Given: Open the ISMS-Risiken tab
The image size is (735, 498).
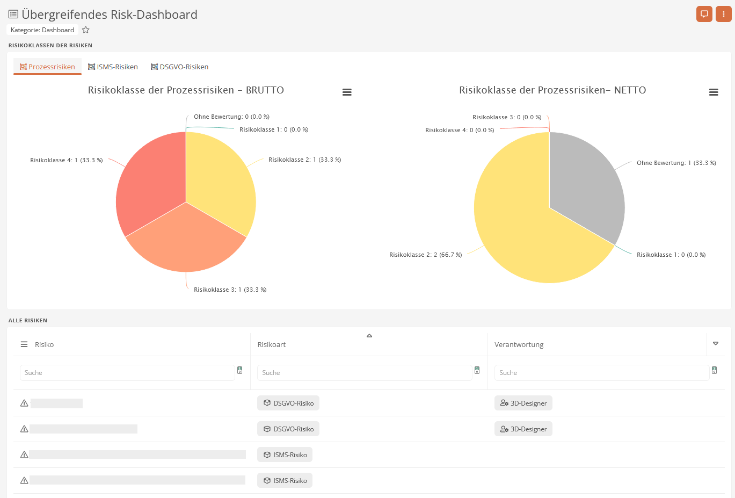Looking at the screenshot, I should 113,67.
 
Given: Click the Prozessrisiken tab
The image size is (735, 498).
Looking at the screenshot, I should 47,67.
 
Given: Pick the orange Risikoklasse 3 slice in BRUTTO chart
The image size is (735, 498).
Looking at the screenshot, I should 186,242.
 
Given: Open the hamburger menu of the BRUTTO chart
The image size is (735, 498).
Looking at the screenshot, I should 347,92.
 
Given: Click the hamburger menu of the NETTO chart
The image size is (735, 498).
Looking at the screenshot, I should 714,92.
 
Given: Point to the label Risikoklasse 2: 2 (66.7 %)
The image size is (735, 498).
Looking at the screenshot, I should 425,255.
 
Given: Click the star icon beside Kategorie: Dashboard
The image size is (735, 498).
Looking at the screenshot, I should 86,30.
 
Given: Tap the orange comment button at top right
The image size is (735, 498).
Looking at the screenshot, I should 704,14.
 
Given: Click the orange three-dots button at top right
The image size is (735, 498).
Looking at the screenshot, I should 723,14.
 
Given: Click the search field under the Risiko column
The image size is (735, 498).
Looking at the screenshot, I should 127,373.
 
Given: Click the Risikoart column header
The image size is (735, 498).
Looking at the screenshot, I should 272,344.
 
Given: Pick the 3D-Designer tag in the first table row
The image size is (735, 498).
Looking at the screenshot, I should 523,403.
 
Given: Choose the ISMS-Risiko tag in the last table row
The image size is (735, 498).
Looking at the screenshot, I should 285,480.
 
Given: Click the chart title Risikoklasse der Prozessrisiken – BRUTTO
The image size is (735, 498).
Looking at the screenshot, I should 186,90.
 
